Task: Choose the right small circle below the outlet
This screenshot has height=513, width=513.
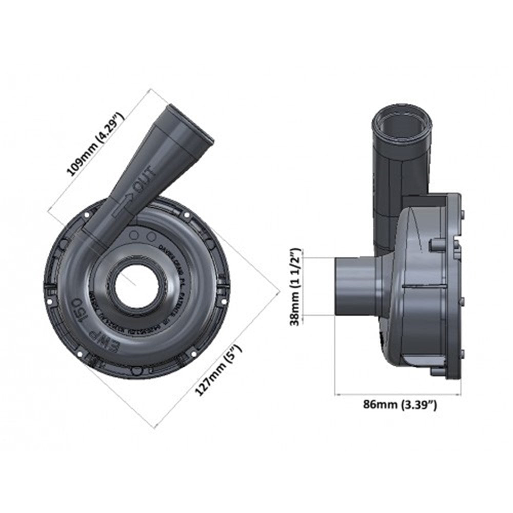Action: [x=151, y=236]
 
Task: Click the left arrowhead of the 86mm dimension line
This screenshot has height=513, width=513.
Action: [x=337, y=394]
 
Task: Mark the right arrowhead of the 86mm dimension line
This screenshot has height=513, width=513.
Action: [x=458, y=394]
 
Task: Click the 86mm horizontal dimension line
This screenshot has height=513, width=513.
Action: [x=398, y=394]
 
